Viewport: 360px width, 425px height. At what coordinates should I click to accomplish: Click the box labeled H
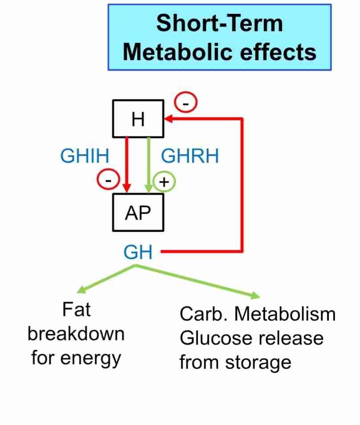[x=138, y=119]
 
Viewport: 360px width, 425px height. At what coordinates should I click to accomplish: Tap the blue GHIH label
[x=85, y=156]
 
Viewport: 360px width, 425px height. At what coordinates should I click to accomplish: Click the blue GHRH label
[x=190, y=156]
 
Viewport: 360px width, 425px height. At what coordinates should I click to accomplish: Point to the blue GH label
[x=138, y=253]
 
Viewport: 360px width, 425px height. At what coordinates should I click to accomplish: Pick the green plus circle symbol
[x=165, y=182]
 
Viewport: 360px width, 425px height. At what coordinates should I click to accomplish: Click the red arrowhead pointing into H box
[x=169, y=119]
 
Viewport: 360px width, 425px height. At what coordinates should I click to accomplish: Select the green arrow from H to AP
[x=149, y=160]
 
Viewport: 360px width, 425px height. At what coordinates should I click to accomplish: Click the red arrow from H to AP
[x=128, y=160]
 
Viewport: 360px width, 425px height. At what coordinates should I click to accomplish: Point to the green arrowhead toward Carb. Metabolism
[x=255, y=295]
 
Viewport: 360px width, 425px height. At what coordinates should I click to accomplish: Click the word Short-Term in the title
[x=219, y=23]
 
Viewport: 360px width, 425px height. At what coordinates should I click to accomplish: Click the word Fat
[x=77, y=310]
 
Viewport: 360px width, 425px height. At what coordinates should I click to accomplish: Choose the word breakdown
[x=76, y=334]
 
